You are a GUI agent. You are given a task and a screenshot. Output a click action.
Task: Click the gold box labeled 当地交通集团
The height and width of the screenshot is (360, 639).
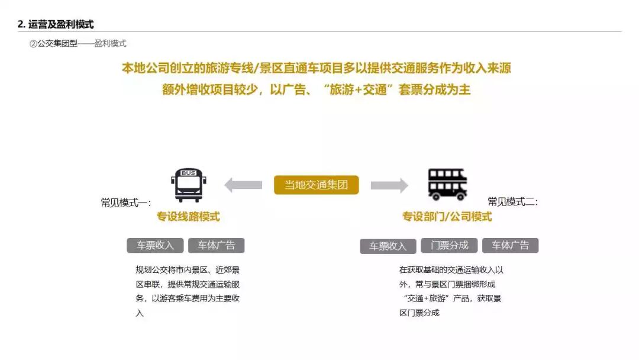316,185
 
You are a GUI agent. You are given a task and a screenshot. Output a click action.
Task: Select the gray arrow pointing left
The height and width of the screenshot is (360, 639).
243,185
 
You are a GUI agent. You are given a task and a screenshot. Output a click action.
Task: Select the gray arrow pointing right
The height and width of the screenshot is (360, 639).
389,185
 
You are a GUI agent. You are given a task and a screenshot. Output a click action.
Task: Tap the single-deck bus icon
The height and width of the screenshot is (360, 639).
188,185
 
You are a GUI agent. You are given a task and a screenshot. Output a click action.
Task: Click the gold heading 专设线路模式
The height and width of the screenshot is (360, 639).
188,217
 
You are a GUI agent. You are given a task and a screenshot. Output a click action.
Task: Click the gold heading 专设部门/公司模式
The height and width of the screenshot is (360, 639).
447,217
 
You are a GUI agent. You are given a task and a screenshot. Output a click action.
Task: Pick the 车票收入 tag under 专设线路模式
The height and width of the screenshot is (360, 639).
155,246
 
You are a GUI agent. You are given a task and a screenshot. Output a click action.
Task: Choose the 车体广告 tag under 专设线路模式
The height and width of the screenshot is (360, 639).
216,246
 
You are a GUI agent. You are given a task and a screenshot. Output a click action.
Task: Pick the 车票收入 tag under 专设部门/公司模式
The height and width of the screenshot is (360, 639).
388,246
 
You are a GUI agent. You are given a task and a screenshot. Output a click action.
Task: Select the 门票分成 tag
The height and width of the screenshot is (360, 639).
449,246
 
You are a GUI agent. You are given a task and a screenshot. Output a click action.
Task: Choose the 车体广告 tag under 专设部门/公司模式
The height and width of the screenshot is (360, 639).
510,246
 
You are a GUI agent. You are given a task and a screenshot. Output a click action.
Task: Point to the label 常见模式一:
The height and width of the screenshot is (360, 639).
125,203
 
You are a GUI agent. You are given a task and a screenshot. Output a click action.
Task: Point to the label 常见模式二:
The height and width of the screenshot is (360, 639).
512,202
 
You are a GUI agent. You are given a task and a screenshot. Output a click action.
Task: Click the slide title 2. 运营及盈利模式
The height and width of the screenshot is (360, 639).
56,24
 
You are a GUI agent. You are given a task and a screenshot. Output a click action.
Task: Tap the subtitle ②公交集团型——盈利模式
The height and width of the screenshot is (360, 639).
78,44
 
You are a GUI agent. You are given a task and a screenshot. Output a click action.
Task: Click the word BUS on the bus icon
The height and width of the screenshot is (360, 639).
188,173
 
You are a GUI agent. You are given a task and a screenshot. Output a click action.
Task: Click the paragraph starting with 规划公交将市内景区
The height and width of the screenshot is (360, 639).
188,291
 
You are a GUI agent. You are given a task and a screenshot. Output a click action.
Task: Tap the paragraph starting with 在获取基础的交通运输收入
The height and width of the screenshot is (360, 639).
451,291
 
